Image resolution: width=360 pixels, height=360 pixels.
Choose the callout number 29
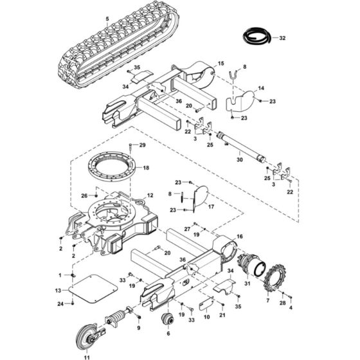[143, 146]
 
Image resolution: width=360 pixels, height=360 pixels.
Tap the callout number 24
[60, 303]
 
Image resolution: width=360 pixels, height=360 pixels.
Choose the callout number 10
[207, 317]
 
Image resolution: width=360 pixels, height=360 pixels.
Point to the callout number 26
[84, 195]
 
